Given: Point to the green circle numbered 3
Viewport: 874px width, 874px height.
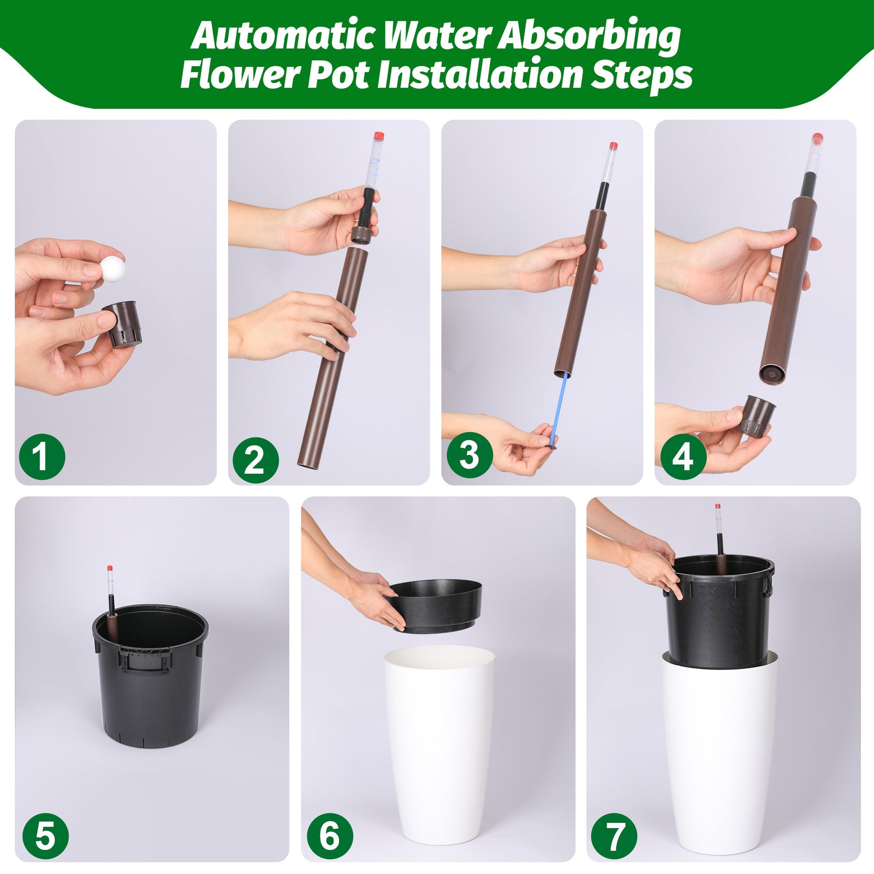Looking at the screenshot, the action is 469,455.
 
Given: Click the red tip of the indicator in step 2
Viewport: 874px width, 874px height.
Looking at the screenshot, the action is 379,136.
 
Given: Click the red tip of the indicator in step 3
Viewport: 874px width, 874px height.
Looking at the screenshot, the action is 613,146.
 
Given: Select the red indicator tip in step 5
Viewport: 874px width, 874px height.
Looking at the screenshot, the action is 110,568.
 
